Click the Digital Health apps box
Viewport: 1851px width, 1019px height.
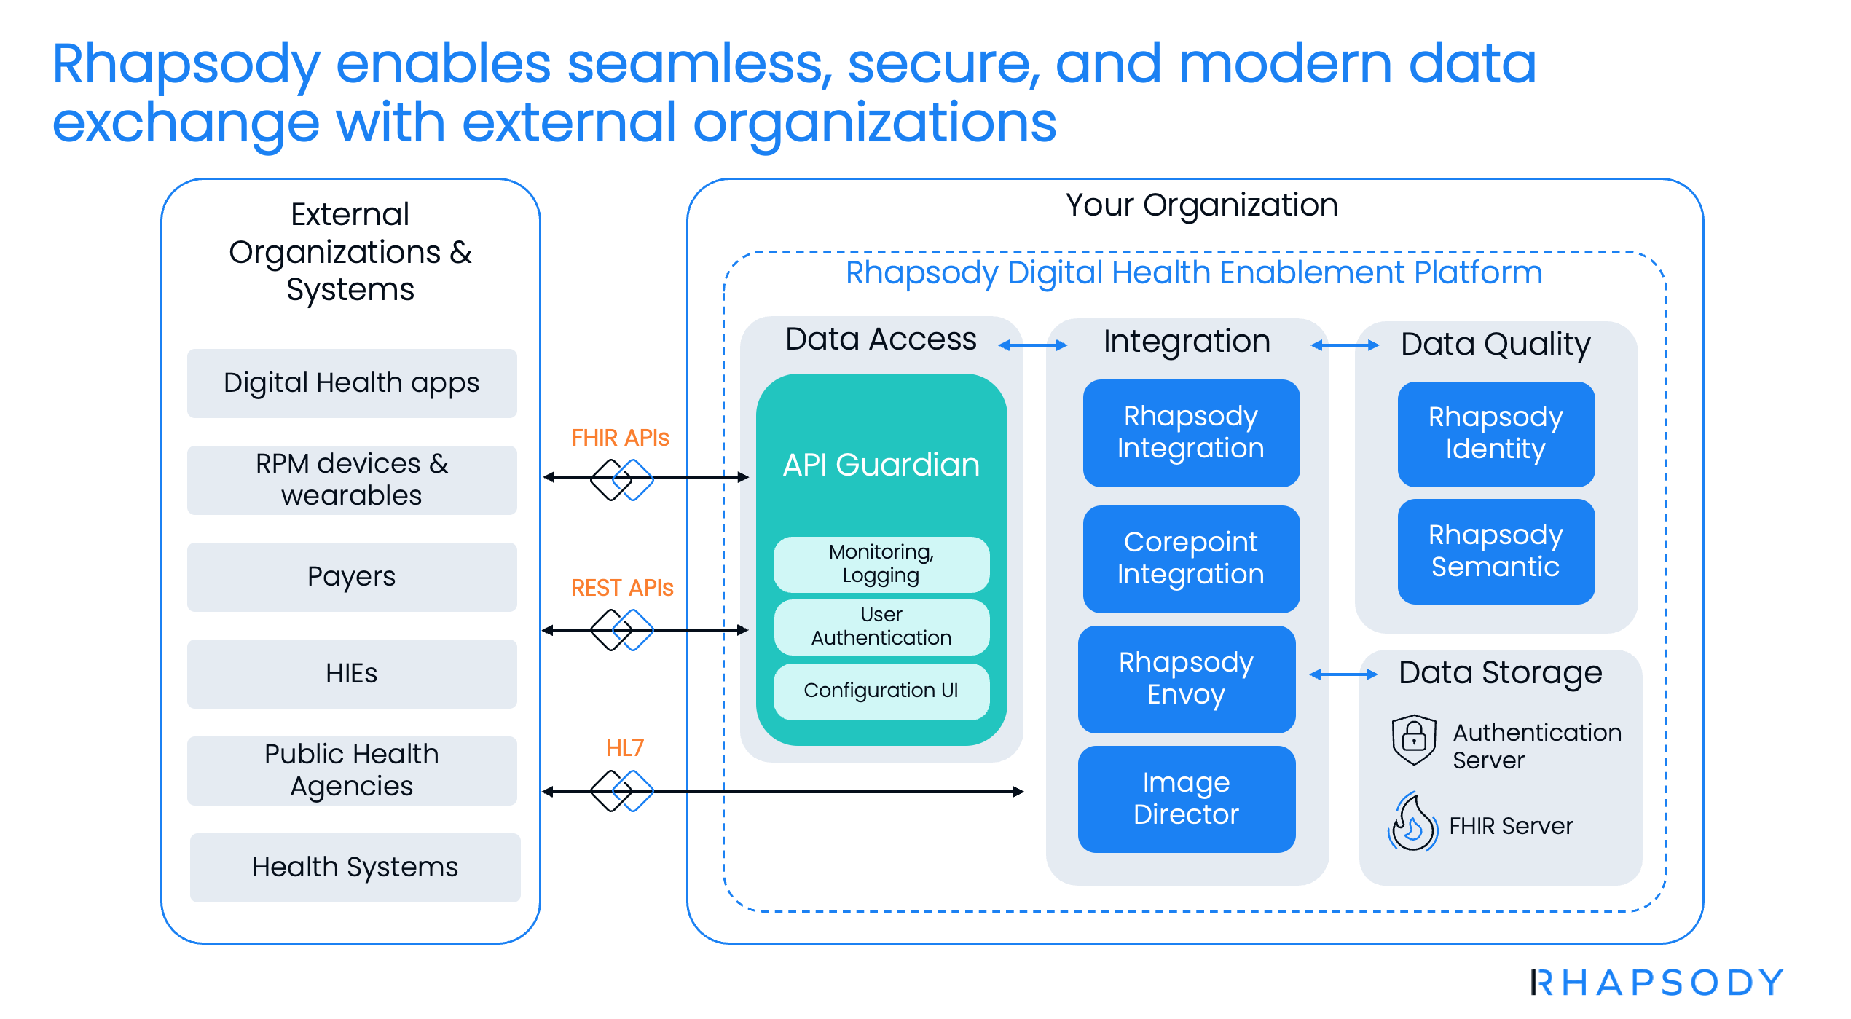tap(352, 383)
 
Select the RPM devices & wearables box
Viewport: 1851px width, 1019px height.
tap(352, 480)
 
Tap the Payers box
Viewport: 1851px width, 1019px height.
tap(352, 577)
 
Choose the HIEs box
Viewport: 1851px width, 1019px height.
tap(352, 674)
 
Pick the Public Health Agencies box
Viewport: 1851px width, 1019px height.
tap(352, 771)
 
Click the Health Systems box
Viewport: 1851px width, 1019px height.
tap(355, 867)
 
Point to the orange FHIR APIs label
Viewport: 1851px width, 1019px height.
tap(620, 438)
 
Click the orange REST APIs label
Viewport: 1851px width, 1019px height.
tap(622, 588)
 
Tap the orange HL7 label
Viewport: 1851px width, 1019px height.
tap(625, 748)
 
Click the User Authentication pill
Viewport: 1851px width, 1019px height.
tap(881, 627)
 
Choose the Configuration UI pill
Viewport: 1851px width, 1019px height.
tap(881, 691)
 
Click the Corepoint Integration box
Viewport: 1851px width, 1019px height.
tap(1191, 559)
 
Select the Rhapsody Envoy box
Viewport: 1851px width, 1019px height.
tap(1187, 679)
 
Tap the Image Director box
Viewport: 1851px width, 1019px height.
tap(1187, 799)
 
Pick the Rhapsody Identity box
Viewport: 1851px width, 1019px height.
tap(1496, 434)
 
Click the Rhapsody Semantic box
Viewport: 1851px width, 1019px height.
tap(1496, 551)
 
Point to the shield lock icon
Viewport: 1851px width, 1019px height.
tap(1414, 739)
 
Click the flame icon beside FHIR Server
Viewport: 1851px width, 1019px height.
tap(1413, 823)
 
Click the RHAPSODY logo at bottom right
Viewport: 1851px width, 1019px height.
tap(1657, 983)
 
